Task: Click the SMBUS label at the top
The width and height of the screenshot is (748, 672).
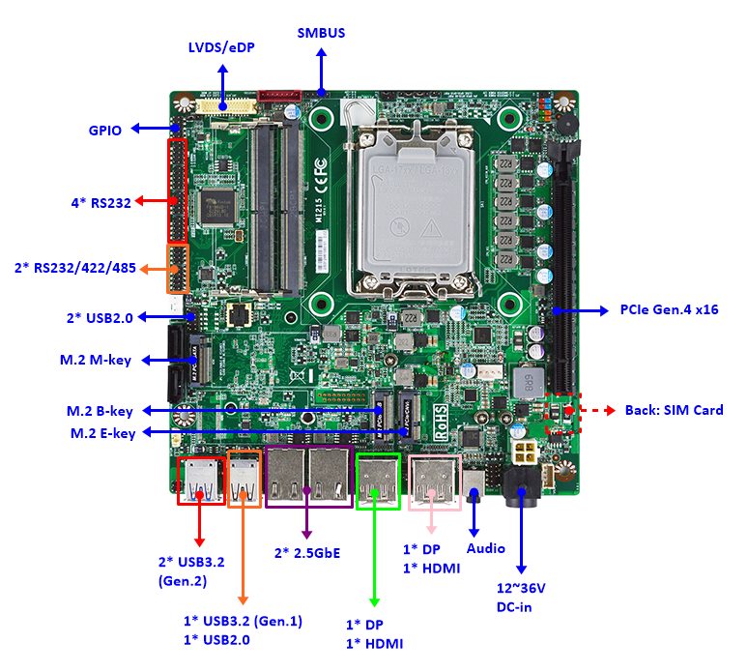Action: (321, 33)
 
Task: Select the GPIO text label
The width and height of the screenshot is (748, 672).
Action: (104, 130)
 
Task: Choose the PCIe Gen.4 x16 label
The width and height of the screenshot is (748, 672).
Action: (669, 310)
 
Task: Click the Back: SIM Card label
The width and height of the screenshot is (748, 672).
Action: (674, 410)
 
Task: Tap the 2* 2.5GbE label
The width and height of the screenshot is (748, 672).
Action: (307, 552)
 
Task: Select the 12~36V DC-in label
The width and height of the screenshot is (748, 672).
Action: (520, 598)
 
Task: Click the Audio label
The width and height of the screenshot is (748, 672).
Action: (485, 548)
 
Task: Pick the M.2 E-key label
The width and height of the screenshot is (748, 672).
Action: (102, 432)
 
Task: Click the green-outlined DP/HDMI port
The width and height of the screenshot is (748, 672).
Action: (378, 481)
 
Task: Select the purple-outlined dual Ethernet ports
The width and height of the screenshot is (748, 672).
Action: (308, 479)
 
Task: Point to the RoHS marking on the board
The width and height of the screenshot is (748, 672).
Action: (441, 422)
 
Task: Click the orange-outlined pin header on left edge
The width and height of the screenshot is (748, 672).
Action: (177, 269)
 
